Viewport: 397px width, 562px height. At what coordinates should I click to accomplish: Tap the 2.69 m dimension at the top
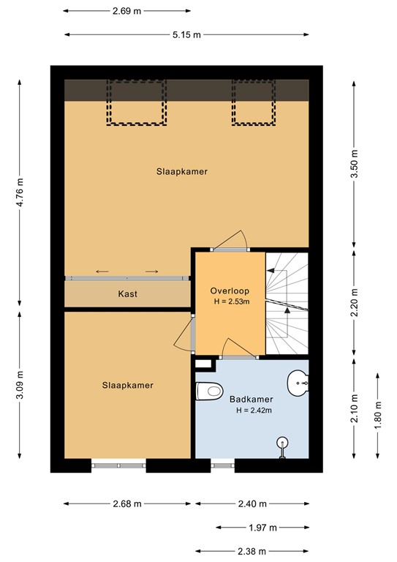pyautogui.click(x=126, y=11)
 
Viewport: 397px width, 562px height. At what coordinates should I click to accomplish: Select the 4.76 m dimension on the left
pyautogui.click(x=20, y=193)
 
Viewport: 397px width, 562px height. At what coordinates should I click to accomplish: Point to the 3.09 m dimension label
pyautogui.click(x=20, y=386)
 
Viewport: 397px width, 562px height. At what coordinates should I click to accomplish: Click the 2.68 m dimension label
pyautogui.click(x=127, y=503)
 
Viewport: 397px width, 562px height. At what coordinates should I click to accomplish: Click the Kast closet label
pyautogui.click(x=128, y=294)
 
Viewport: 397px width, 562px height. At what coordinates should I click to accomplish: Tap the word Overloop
pyautogui.click(x=228, y=288)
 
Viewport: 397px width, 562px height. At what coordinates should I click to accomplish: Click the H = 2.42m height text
pyautogui.click(x=254, y=411)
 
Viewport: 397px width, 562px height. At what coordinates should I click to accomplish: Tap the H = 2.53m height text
pyautogui.click(x=228, y=300)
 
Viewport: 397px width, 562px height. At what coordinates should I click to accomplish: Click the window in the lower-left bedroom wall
pyautogui.click(x=119, y=462)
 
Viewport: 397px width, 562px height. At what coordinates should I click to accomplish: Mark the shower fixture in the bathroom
pyautogui.click(x=282, y=443)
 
